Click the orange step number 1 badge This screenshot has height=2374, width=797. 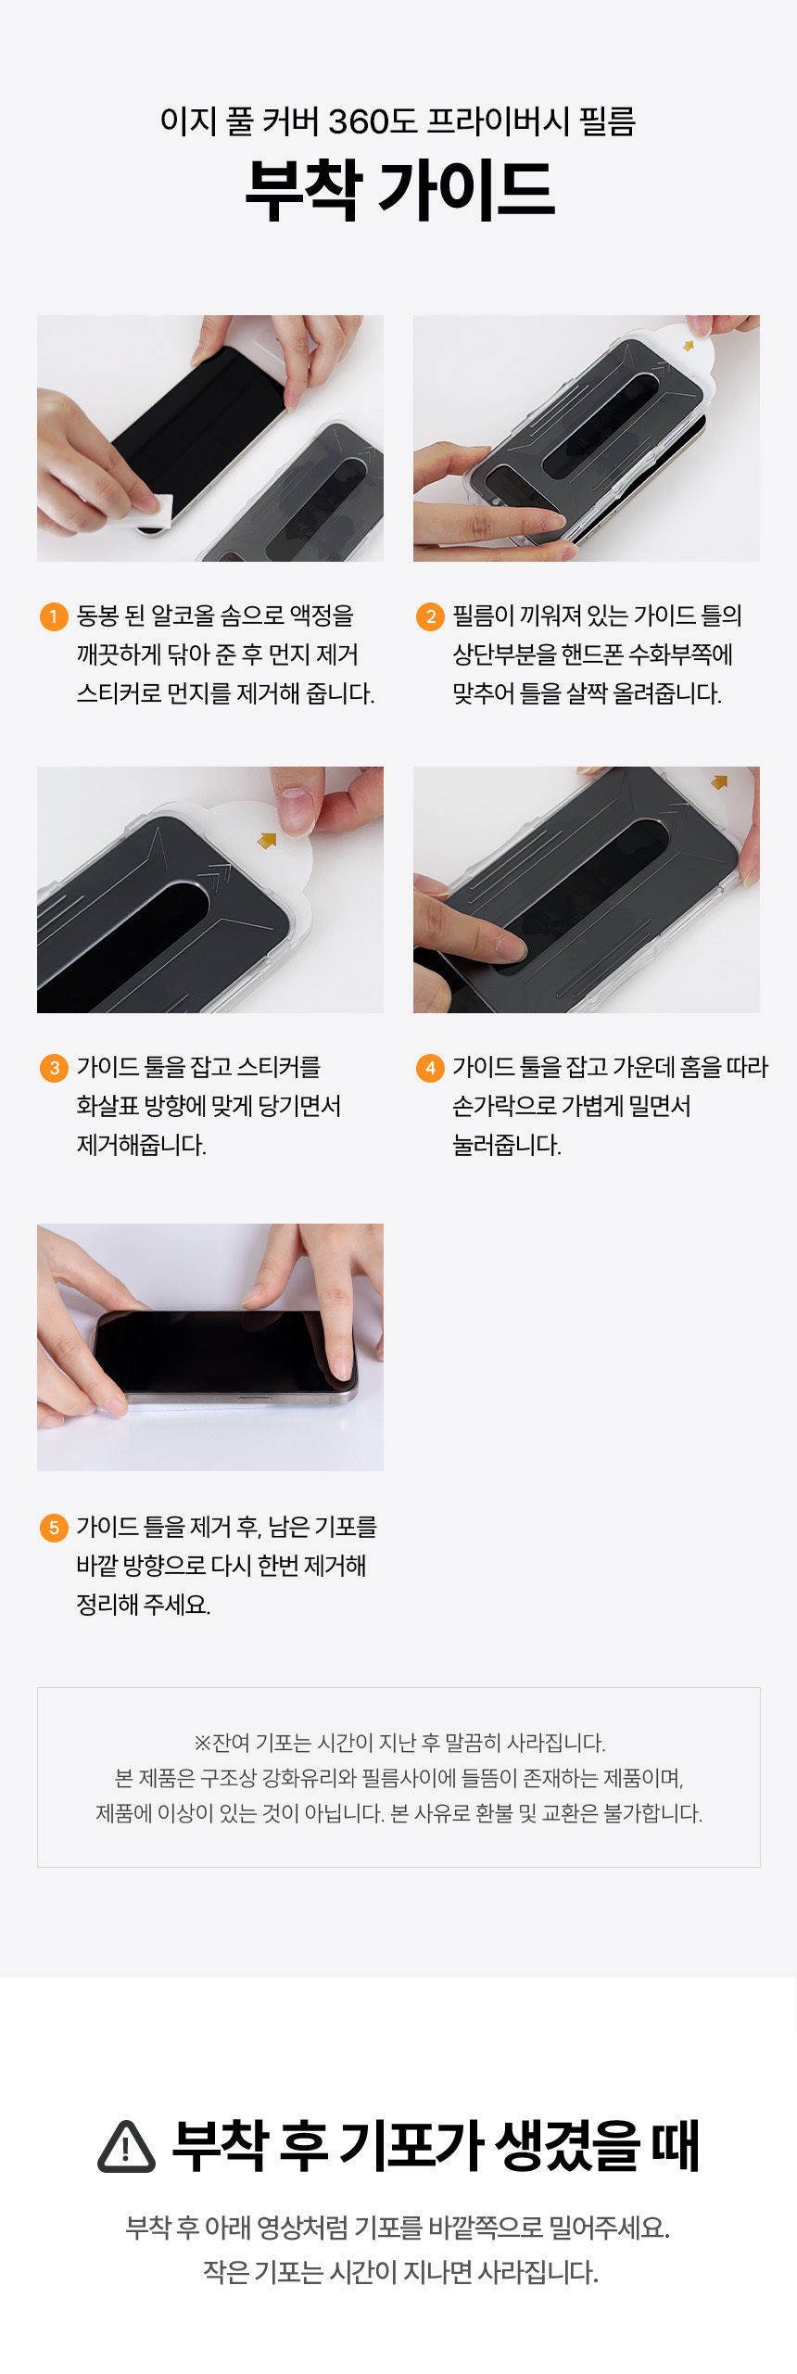(54, 616)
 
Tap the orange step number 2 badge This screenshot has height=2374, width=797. (430, 616)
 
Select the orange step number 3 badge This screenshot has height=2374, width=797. (54, 1068)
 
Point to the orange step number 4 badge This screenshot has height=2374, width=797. (430, 1068)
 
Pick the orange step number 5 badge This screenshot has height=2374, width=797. (54, 1528)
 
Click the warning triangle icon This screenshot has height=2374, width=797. (126, 2147)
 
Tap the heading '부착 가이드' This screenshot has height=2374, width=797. (399, 190)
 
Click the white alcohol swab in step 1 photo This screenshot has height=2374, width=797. (148, 513)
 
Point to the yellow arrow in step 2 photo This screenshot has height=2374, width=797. (689, 346)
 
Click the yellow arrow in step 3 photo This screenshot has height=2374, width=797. (267, 840)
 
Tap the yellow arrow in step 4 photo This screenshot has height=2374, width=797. (718, 782)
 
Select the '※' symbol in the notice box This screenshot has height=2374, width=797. (202, 1744)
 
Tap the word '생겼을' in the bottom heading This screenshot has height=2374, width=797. (567, 2146)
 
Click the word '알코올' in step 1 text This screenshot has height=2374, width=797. (183, 616)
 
